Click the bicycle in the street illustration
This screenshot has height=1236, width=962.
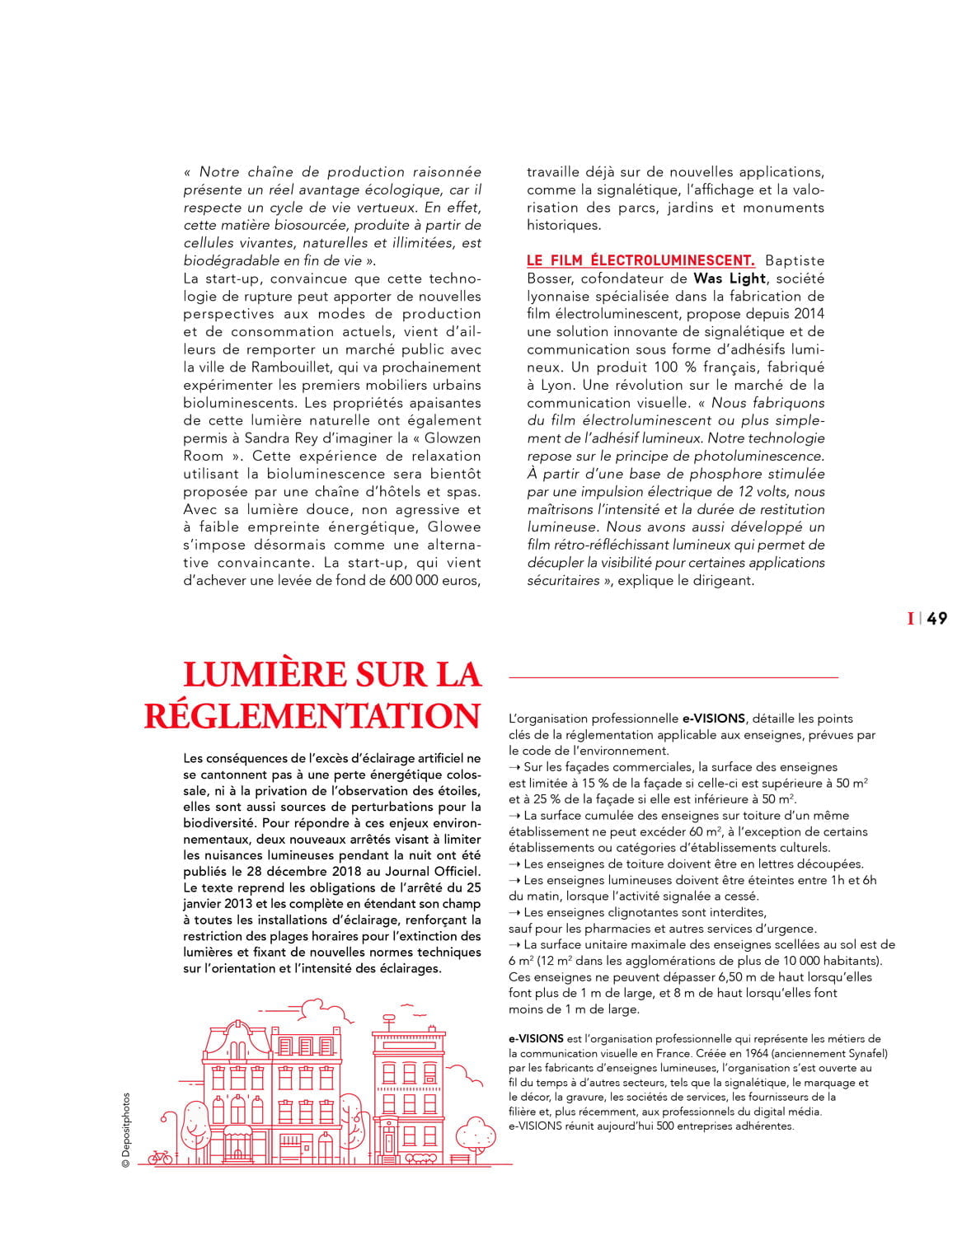click(x=161, y=1156)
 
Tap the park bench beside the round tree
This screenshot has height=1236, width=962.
click(x=460, y=1158)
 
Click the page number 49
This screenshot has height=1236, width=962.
click(x=936, y=618)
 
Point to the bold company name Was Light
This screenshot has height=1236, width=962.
click(x=730, y=279)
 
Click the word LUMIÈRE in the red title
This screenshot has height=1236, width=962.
click(x=265, y=674)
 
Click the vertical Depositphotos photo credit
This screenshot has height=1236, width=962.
click(x=126, y=1130)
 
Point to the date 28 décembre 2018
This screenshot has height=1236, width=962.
click(x=293, y=871)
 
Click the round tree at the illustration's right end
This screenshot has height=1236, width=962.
click(x=476, y=1132)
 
